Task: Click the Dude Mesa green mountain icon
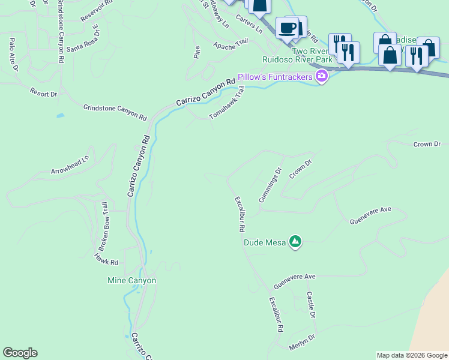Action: pyautogui.click(x=295, y=242)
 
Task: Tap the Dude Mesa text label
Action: pyautogui.click(x=265, y=243)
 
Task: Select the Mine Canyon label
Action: pyautogui.click(x=131, y=280)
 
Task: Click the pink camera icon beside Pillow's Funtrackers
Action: pyautogui.click(x=322, y=76)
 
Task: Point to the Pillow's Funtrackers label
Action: pyautogui.click(x=276, y=77)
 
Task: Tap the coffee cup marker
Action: pyautogui.click(x=288, y=28)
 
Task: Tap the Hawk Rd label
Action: pyautogui.click(x=106, y=259)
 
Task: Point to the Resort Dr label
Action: pyautogui.click(x=43, y=93)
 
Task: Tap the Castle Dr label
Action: pyautogui.click(x=310, y=305)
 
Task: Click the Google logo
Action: pyautogui.click(x=20, y=353)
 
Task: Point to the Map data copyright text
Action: pyautogui.click(x=412, y=355)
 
